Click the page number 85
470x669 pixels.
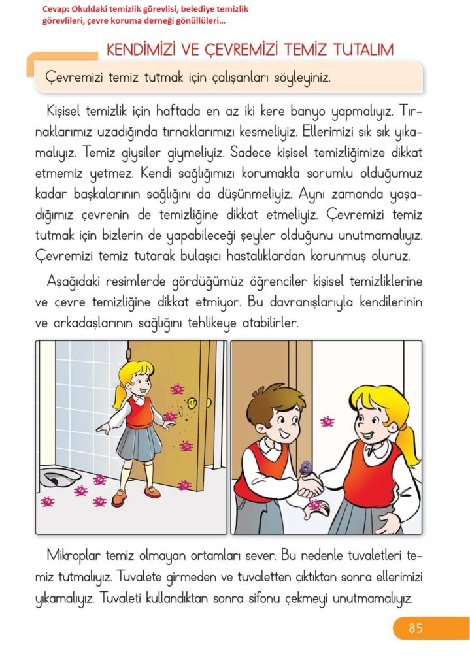click(415, 628)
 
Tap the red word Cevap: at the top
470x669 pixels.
click(56, 9)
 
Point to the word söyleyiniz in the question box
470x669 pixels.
click(302, 78)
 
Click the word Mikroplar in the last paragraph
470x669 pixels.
click(73, 557)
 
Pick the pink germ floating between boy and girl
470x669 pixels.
click(327, 421)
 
